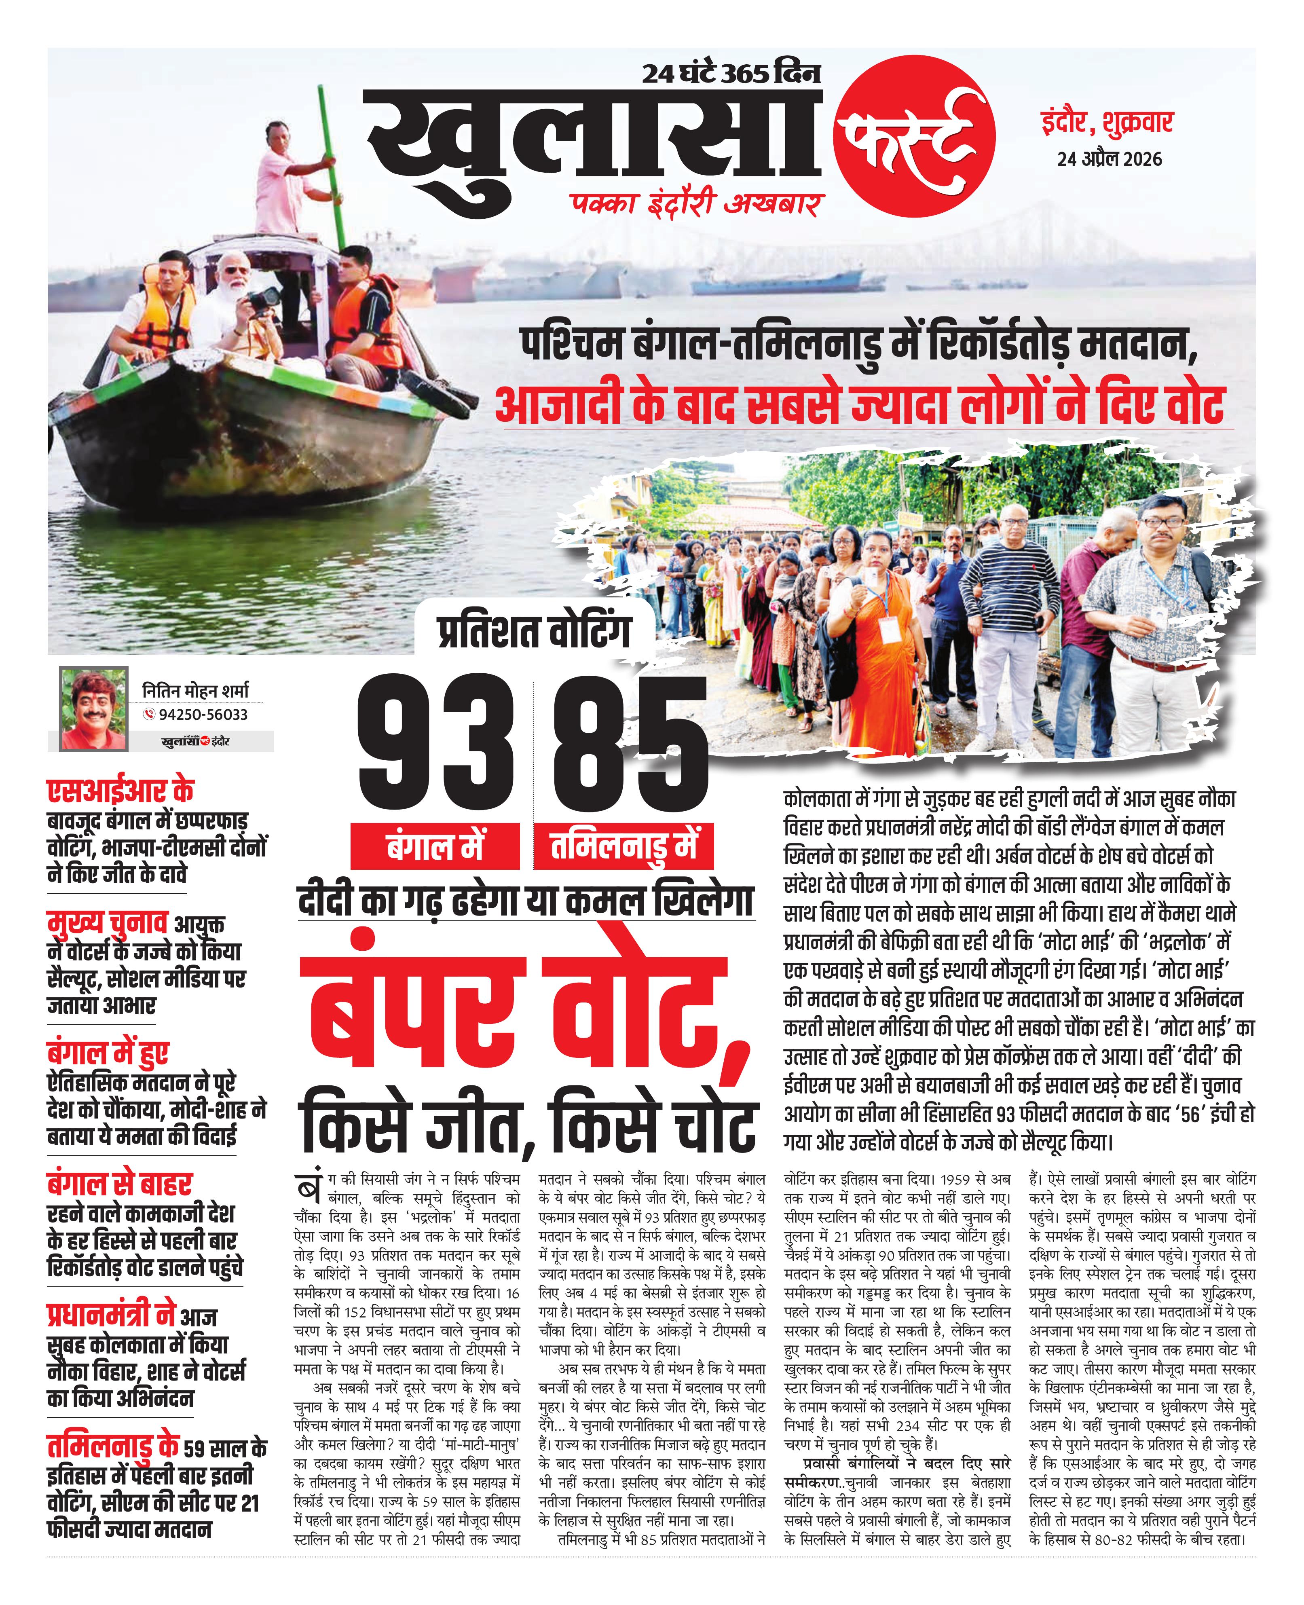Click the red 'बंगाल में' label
435,846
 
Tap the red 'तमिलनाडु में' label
623,846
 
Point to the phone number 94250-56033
203,714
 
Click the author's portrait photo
93,709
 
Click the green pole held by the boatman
330,150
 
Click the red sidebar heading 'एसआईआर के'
120,791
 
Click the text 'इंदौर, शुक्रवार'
1106,123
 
